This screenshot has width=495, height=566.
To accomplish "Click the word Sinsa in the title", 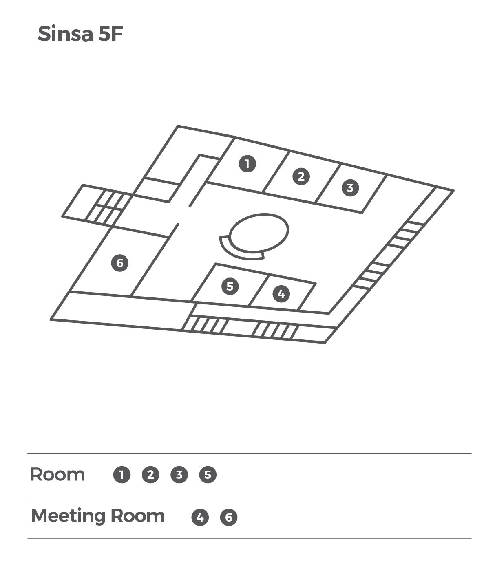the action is coord(65,34).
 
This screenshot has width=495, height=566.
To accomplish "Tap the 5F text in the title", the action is coord(111,34).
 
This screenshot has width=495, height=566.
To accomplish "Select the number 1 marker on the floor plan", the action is coord(247,164).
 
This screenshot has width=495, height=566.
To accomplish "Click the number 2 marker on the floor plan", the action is coord(301,176).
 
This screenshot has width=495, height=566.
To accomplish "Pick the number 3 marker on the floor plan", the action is coord(350,188).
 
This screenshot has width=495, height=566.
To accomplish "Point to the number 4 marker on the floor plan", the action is coord(281,294).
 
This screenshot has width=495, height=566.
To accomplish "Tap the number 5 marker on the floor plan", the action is coord(230,286).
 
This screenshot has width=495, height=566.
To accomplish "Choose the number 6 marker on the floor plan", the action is coord(120,263).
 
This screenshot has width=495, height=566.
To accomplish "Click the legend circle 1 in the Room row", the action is coord(122,475).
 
